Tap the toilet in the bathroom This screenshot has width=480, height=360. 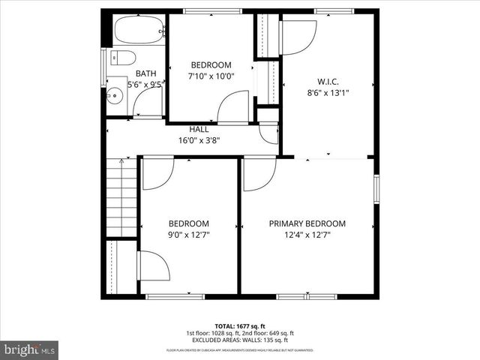pyautogui.click(x=124, y=58)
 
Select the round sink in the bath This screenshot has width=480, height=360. pyautogui.click(x=115, y=95)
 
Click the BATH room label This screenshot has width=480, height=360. pyautogui.click(x=145, y=73)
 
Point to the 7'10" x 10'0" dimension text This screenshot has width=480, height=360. pyautogui.click(x=211, y=76)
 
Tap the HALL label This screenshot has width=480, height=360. pyautogui.click(x=199, y=129)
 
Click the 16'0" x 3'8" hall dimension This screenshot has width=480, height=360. pyautogui.click(x=199, y=139)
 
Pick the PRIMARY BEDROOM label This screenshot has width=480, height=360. pyautogui.click(x=307, y=223)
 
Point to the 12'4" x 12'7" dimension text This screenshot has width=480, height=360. pyautogui.click(x=307, y=235)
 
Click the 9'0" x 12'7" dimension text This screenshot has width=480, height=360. pyautogui.click(x=188, y=235)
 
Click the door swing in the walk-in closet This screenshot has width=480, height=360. pyautogui.click(x=298, y=36)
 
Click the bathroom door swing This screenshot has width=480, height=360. pyautogui.click(x=147, y=104)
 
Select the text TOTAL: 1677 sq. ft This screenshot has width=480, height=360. pyautogui.click(x=239, y=325)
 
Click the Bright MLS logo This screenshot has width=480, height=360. pyautogui.click(x=30, y=349)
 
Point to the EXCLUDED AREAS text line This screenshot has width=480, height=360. pyautogui.click(x=239, y=340)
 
